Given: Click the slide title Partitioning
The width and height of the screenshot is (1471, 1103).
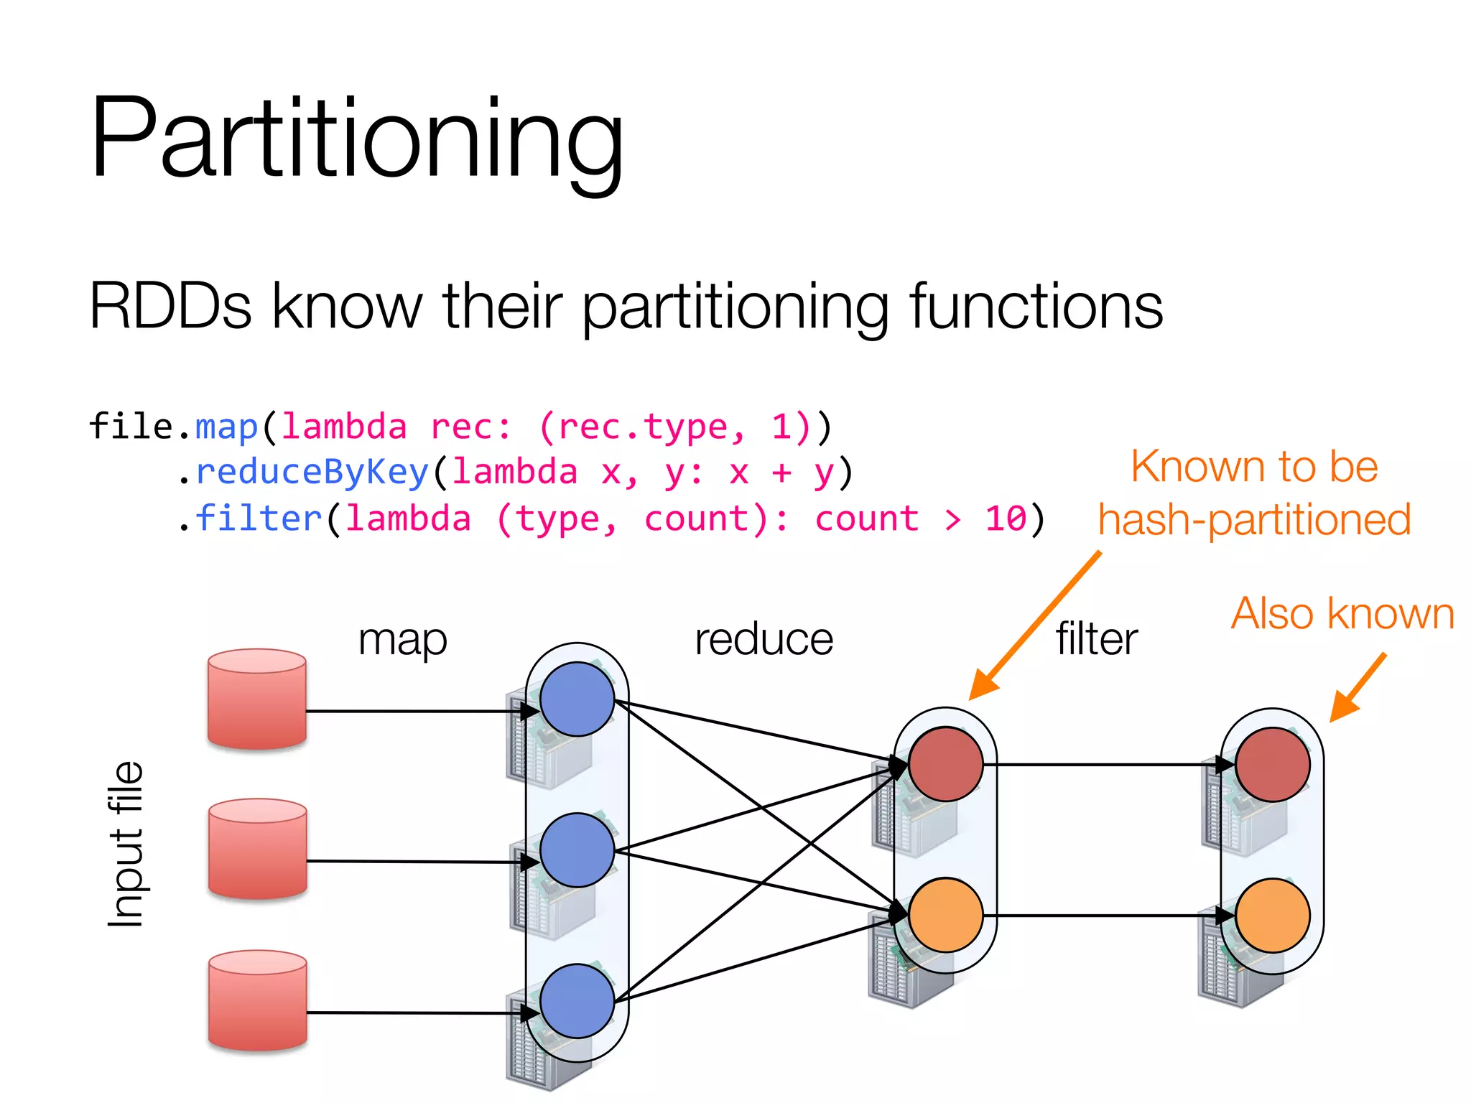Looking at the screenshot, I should click(x=357, y=139).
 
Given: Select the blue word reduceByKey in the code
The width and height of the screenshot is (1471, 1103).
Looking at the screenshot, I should click(x=312, y=473).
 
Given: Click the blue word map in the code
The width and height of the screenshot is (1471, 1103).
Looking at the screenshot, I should click(x=226, y=427).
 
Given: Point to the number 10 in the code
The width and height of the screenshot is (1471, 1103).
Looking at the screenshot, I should click(x=1006, y=518).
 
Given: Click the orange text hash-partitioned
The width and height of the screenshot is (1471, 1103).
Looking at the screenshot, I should click(x=1254, y=519).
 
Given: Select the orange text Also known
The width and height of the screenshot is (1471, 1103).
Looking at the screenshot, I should click(x=1342, y=614).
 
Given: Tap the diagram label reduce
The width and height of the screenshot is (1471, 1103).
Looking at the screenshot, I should click(x=764, y=639).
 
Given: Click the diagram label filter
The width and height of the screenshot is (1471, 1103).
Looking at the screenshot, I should click(x=1097, y=639).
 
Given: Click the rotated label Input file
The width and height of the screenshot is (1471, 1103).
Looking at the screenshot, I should click(x=126, y=844).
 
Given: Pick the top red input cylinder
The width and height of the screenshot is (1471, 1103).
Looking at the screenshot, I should click(x=257, y=699).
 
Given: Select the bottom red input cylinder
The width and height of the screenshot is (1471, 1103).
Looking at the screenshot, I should click(x=258, y=1000).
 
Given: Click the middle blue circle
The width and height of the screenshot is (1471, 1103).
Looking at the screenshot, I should click(x=577, y=850).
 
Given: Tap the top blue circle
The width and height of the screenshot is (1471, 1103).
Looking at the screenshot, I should click(x=577, y=699).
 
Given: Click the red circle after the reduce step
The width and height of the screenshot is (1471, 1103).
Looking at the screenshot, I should click(x=945, y=764).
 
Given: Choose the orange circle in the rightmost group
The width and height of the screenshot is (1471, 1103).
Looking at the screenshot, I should click(x=1272, y=916).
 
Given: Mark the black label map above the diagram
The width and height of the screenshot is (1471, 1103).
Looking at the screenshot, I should click(x=402, y=639).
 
